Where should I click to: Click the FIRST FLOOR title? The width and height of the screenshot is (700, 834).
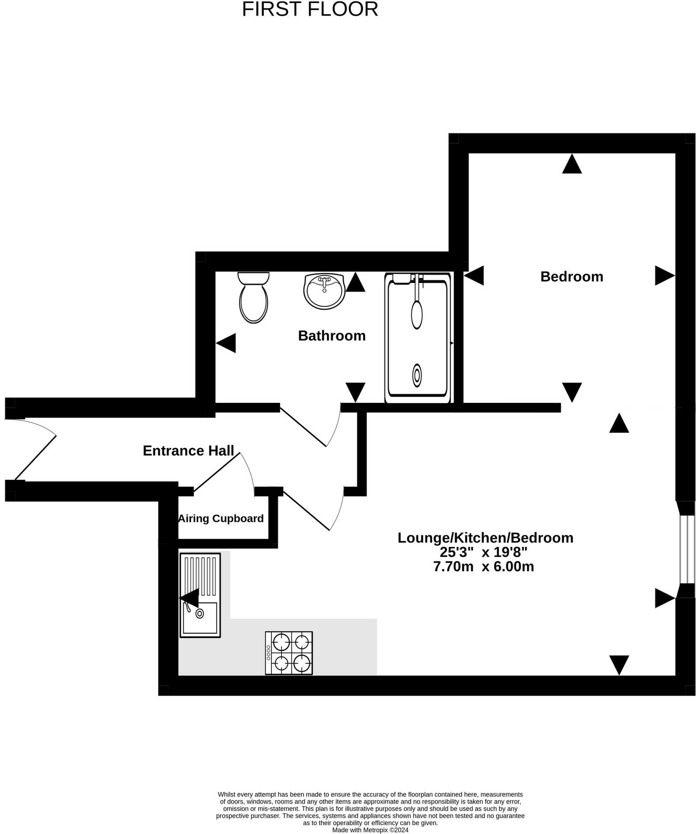click(x=310, y=9)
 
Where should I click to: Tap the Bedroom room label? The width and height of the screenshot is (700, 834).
click(x=571, y=277)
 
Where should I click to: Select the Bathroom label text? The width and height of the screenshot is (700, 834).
click(x=331, y=336)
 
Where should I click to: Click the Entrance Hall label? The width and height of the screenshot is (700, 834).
click(x=188, y=451)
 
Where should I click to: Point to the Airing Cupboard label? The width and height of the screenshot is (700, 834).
click(x=221, y=518)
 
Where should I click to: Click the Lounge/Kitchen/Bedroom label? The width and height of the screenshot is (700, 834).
click(x=485, y=538)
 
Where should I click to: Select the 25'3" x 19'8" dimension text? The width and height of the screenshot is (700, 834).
click(x=483, y=552)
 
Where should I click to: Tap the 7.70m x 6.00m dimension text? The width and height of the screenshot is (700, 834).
click(x=483, y=566)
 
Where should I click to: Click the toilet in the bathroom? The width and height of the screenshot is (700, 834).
click(x=253, y=297)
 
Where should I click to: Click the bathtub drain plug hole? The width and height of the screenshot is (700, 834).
click(x=417, y=375)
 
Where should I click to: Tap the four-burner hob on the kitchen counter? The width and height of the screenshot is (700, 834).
click(x=289, y=653)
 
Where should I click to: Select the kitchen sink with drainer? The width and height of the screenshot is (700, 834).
click(x=200, y=595)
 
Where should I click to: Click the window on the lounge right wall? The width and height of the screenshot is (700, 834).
click(x=687, y=549)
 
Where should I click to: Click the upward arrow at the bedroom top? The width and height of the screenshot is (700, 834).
click(x=571, y=164)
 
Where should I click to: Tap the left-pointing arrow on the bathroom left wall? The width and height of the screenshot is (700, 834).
click(x=226, y=343)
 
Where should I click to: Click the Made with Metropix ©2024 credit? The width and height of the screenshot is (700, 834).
click(x=370, y=830)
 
